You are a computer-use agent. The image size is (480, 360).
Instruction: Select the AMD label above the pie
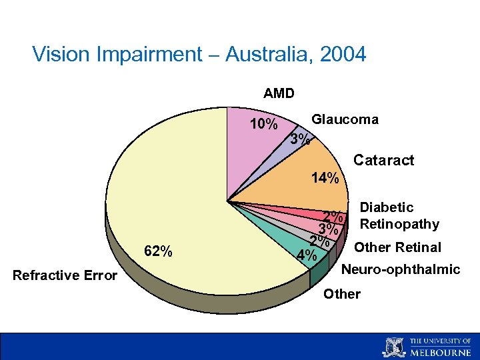[279, 93]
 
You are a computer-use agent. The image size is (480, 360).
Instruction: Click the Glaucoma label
[345, 119]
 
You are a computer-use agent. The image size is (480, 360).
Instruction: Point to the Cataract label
[383, 160]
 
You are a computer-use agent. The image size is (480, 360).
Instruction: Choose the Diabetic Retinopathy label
[399, 215]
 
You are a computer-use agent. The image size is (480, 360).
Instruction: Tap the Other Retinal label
[397, 247]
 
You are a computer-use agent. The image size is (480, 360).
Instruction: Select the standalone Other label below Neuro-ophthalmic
[341, 294]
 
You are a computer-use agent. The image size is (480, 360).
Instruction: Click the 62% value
[159, 251]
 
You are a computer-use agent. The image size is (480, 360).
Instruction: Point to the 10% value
[263, 125]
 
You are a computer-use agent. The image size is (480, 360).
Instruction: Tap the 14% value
[326, 178]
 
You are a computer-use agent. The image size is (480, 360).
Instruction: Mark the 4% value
[307, 255]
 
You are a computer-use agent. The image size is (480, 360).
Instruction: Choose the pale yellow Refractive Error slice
[167, 193]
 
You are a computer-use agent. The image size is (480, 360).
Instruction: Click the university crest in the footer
[394, 347]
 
